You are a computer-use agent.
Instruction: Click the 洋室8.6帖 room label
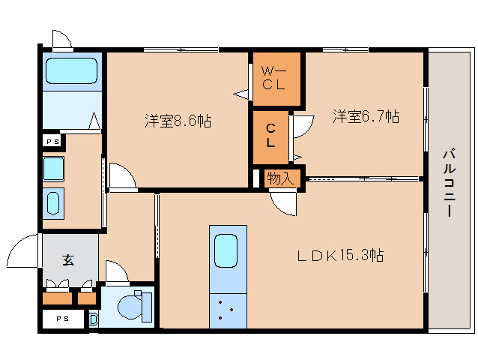[178, 121]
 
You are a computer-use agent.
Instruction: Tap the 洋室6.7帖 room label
[366, 116]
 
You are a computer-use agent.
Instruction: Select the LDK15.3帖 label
[340, 255]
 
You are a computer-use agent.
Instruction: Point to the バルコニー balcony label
[449, 183]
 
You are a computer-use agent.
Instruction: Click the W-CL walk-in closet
[277, 79]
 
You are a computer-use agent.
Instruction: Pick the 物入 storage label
[280, 178]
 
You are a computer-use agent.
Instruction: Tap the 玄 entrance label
[68, 259]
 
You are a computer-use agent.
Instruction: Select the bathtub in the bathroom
[72, 70]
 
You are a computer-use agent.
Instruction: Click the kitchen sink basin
[226, 250]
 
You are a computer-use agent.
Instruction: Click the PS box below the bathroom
[52, 142]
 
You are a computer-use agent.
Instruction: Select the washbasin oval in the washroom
[53, 203]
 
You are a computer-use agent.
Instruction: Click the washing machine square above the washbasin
[53, 169]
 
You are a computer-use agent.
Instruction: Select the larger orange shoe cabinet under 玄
[57, 298]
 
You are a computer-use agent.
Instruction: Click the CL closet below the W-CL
[270, 137]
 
